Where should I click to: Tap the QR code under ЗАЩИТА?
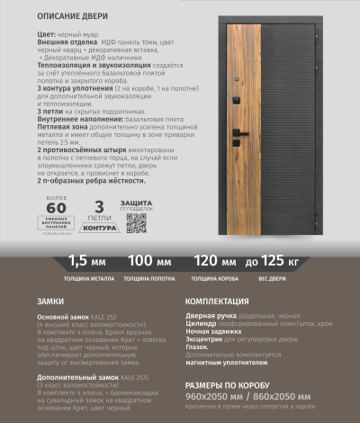135,223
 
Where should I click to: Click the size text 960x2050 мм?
215,395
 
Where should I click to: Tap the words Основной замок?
59,318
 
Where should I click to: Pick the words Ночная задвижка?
212,332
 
